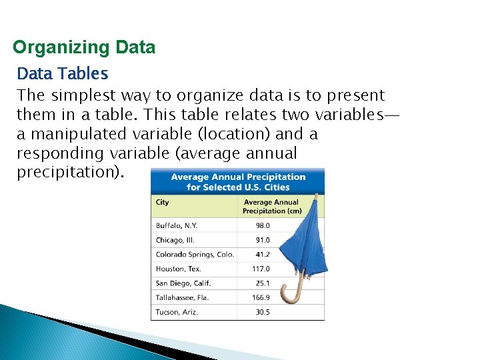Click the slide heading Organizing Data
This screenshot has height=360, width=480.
point(84,48)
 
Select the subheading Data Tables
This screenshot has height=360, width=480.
point(62,72)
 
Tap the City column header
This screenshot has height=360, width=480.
point(163,202)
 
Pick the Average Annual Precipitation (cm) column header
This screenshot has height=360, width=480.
point(272,207)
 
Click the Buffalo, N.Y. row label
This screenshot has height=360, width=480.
point(177,225)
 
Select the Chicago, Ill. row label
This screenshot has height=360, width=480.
point(175,240)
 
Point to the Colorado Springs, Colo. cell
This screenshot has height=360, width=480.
point(195,255)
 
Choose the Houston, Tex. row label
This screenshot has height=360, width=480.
point(178,269)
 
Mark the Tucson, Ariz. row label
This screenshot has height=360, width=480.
point(177,312)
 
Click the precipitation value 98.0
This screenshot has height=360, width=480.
point(263,225)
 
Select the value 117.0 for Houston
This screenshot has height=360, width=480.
point(261,269)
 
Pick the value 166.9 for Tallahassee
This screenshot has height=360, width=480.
point(261,297)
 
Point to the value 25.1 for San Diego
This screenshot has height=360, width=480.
point(263,283)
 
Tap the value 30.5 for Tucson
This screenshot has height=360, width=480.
point(263,312)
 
